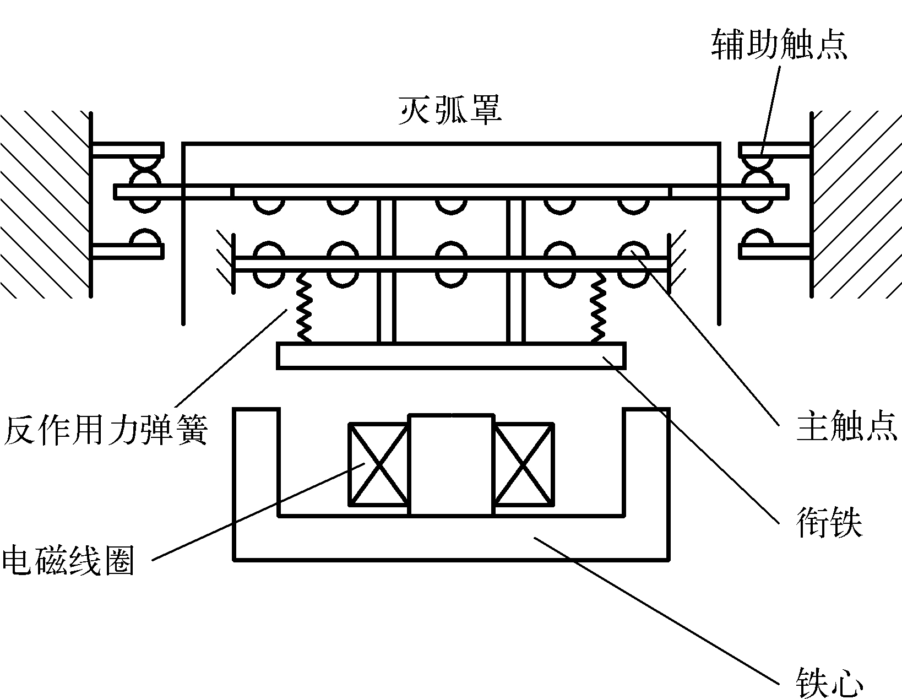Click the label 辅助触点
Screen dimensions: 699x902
point(779,45)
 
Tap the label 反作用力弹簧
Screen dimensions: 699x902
point(105,429)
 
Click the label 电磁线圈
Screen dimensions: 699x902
point(68,559)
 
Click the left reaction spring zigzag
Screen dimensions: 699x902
point(305,307)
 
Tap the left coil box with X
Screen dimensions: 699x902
point(379,464)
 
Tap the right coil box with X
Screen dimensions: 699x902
point(523,464)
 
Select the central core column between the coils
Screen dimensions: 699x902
point(451,464)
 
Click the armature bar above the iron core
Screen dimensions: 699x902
point(451,355)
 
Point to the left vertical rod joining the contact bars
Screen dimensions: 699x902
point(386,270)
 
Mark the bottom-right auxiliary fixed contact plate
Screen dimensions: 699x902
point(775,251)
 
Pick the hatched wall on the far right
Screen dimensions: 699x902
point(856,204)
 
